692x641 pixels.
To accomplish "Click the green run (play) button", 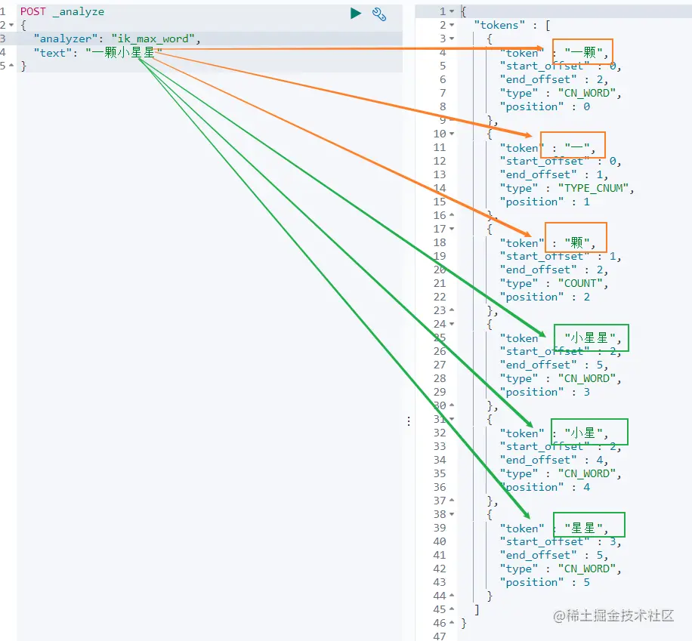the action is point(356,14).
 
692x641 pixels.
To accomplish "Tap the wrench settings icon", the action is point(379,14).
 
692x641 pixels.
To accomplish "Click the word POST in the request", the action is point(33,11).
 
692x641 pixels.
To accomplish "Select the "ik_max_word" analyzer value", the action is point(153,39).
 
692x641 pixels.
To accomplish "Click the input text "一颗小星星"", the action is point(124,53).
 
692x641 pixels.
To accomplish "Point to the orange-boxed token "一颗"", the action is point(583,53).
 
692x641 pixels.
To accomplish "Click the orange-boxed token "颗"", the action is point(577,242).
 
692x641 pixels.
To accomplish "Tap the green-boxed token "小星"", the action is point(583,433).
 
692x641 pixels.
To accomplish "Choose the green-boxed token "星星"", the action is point(583,528).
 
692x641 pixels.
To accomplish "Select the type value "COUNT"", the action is point(580,283).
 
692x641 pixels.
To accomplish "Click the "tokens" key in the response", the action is point(499,25).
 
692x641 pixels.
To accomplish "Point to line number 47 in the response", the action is point(440,636).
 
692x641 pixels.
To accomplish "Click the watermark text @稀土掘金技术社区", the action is point(613,615).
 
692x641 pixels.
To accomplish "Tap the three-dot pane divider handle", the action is point(409,421).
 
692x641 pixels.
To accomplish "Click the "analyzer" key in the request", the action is point(65,39).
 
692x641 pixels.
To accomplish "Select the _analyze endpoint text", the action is point(79,12).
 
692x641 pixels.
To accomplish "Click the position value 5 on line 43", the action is point(586,582).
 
